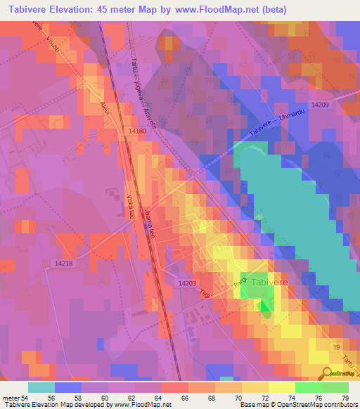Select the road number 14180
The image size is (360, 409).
138,131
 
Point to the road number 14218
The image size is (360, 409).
63,263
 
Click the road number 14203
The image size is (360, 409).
187,283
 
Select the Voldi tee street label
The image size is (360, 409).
130,206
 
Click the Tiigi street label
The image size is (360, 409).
205,294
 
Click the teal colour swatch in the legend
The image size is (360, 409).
41,387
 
